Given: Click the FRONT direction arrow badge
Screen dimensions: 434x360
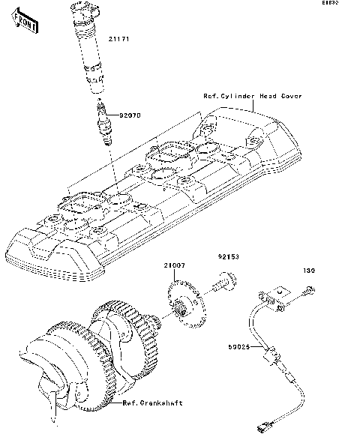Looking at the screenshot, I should [23, 25].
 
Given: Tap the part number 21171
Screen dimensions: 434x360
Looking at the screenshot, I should [120, 37].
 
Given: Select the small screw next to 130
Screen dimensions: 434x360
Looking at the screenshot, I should [307, 289].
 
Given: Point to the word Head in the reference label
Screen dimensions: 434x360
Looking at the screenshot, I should [268, 97].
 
